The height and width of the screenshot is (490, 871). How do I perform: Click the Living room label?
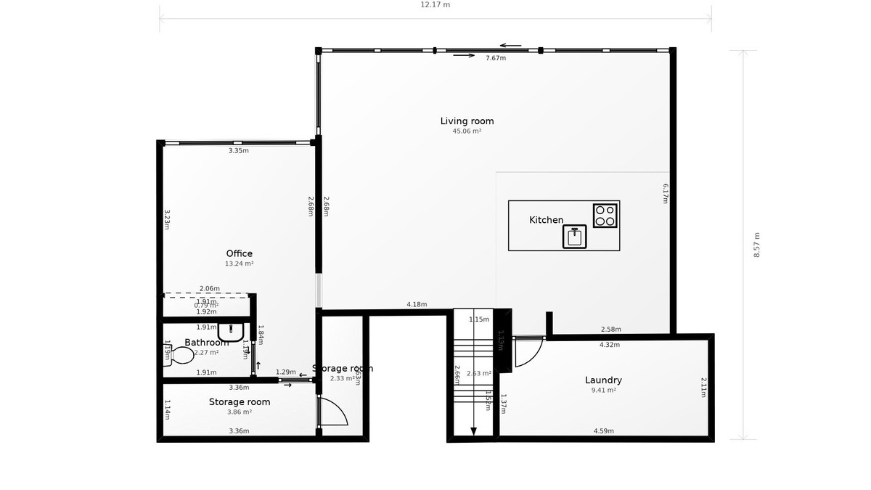pos(467,121)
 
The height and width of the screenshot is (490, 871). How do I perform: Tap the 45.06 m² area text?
pos(467,131)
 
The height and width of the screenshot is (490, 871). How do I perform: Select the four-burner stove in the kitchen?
pos(605,216)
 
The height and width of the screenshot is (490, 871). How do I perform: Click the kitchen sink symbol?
pos(574,237)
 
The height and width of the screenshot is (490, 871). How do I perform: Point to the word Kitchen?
pos(546,220)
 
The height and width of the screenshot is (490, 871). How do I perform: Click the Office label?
pos(239,253)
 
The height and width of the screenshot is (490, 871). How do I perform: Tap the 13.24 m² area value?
pos(239,264)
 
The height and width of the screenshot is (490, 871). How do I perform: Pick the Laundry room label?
pos(603,380)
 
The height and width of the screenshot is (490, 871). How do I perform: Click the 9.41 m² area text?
pos(603,391)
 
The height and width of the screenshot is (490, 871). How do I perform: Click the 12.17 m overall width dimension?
pos(435,4)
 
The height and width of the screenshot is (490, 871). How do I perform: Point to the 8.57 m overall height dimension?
pos(757,245)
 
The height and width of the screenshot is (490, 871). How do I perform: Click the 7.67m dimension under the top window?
pos(496,58)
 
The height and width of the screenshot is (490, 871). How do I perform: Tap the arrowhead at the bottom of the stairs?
pos(473,431)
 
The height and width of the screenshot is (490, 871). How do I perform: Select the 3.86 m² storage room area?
pos(239,412)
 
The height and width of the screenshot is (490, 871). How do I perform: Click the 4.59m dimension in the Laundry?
pos(603,431)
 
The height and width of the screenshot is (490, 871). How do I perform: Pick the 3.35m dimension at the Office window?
pos(238,151)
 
